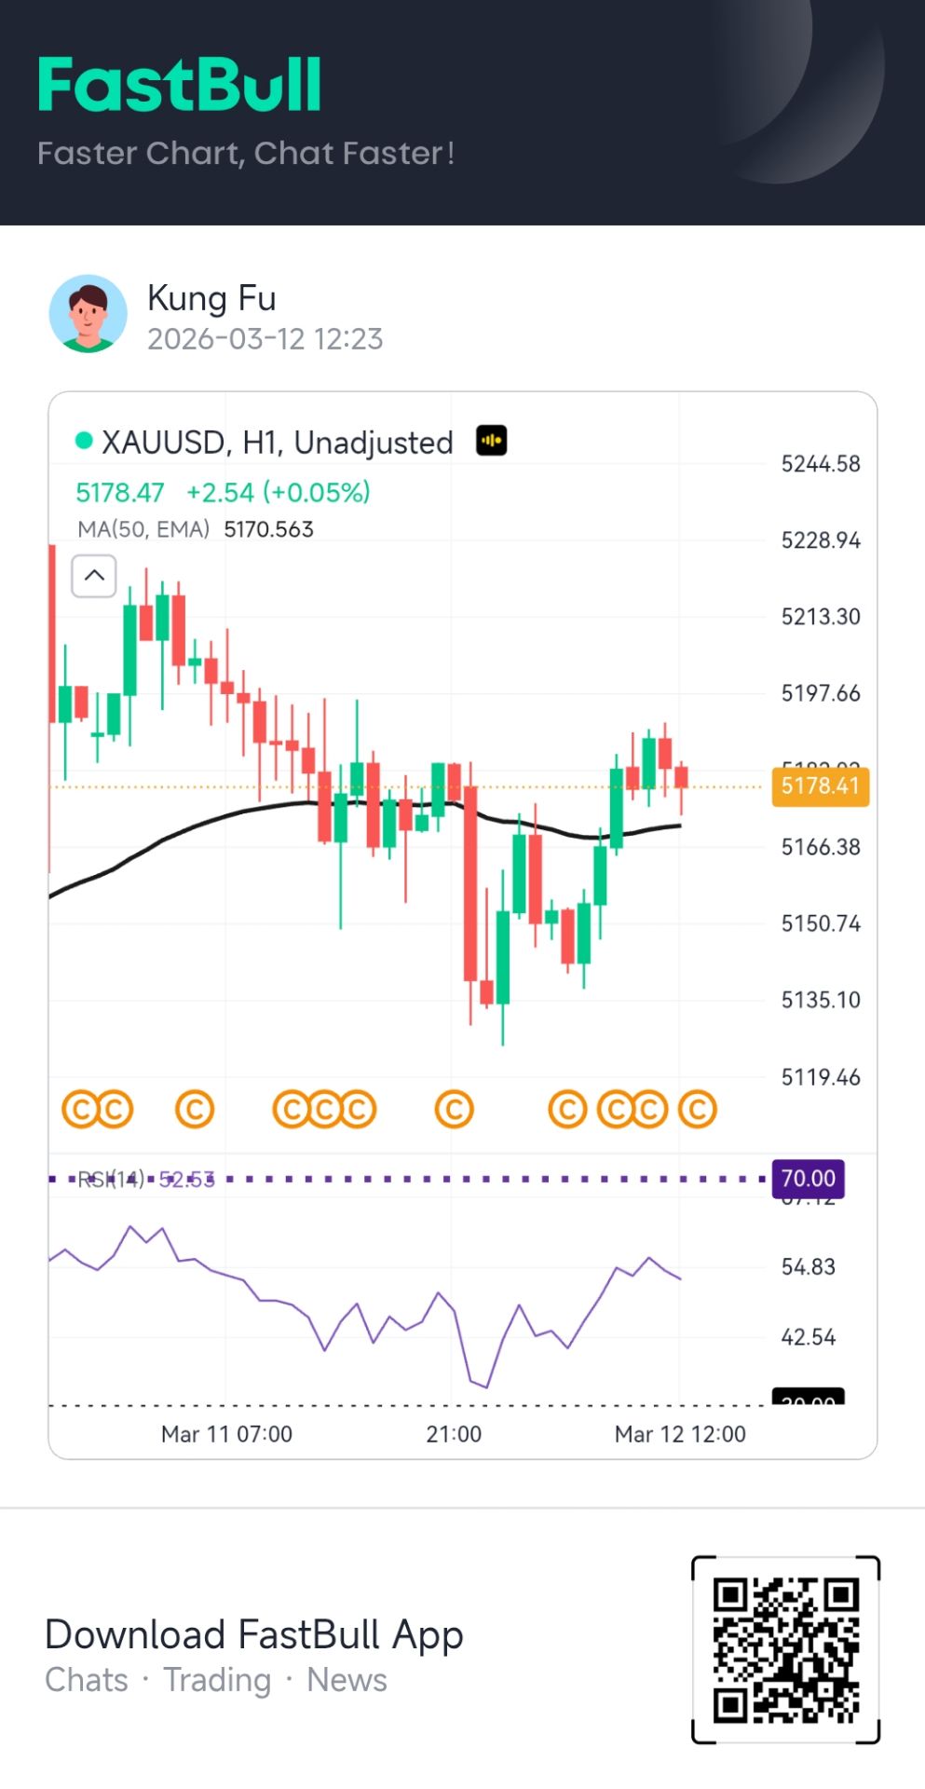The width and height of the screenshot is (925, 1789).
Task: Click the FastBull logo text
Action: pos(180,85)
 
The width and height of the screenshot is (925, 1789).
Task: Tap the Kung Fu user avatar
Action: pos(88,313)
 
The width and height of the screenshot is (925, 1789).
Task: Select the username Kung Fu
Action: pos(211,298)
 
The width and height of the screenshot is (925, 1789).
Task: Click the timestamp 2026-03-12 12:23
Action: pos(265,339)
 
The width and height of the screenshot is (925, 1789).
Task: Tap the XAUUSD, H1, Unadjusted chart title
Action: pos(277,443)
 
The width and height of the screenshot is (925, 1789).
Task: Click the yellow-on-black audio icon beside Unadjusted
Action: pos(491,440)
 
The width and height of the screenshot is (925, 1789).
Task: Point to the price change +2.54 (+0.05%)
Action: pos(278,492)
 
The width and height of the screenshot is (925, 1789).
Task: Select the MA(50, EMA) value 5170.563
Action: pos(268,529)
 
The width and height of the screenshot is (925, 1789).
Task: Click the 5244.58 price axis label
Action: pos(820,464)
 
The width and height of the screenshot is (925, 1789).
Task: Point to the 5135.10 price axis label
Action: pos(820,1000)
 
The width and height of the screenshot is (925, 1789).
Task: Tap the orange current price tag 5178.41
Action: pos(820,785)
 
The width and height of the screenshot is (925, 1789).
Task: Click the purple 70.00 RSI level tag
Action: pos(808,1179)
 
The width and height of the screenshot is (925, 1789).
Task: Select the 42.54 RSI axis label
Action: pos(808,1337)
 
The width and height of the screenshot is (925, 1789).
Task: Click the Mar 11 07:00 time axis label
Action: pos(226,1434)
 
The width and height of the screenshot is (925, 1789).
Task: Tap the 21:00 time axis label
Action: pos(454,1434)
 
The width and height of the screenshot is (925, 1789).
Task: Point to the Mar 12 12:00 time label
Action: pos(680,1434)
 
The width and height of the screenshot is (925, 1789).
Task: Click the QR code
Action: pos(785,1649)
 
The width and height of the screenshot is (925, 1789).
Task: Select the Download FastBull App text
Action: pos(253,1634)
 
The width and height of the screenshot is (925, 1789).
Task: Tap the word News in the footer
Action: pos(347,1680)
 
